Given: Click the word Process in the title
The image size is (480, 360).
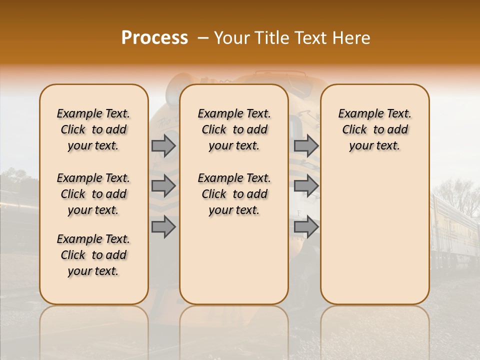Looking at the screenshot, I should point(154,38).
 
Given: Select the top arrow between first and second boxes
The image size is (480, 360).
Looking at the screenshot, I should point(163,146).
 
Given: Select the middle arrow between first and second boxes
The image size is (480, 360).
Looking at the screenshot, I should point(163,186).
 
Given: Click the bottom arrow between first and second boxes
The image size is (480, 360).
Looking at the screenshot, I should point(163,227).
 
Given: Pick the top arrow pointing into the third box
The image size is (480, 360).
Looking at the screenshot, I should point(306,146).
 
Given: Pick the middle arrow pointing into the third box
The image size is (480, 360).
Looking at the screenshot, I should point(306,186).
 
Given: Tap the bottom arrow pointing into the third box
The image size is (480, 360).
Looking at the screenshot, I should point(306,227).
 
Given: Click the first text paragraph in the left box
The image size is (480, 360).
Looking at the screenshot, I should point(93,129).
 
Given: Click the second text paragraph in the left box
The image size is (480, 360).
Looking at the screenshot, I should point(93,194).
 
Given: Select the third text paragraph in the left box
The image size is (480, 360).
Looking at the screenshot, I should point(93,255).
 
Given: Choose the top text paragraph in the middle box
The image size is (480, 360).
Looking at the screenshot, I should point(234,129).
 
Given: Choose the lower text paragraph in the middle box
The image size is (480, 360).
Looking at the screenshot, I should point(234,194).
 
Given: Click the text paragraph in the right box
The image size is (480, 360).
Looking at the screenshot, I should point(374,129).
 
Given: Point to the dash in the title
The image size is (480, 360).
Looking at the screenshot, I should point(203,38).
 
